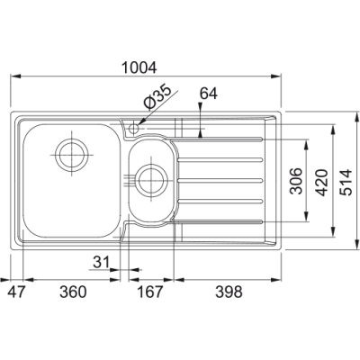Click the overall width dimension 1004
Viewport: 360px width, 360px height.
tap(139, 67)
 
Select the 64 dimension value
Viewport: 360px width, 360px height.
tap(209, 94)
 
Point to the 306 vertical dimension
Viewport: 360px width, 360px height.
tap(297, 181)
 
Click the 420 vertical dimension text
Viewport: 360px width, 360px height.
tap(322, 183)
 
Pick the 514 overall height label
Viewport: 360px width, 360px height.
tap(347, 183)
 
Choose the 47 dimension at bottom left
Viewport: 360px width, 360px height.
tap(15, 292)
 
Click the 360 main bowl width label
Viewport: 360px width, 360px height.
tap(73, 292)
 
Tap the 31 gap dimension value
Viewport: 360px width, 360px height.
tap(101, 263)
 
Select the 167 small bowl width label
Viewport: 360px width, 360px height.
tap(150, 292)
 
